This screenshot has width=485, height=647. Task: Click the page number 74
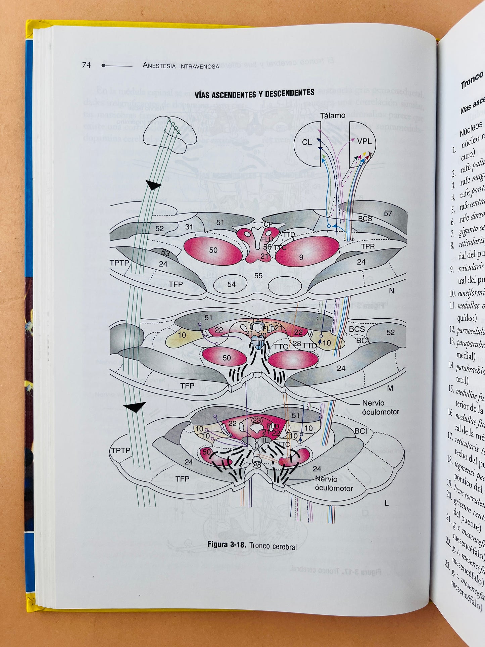pos(86,65)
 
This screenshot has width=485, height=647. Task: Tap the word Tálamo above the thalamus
pos(332,115)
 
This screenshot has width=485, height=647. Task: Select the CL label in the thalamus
pos(306,142)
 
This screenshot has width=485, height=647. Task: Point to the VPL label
pos(364,141)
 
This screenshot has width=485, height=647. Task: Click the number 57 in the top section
pos(388,214)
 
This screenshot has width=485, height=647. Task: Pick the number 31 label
pos(189,227)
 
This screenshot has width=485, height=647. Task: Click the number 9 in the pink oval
pos(301,257)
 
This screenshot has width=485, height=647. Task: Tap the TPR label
pos(368,246)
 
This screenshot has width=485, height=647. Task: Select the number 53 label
pos(165,253)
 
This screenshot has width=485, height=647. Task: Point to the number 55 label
pos(258,276)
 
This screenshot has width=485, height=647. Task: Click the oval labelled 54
pos(231,284)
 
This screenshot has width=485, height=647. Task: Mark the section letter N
pos(391,291)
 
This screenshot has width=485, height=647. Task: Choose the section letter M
pos(390,388)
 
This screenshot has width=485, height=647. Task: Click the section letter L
pos(387,503)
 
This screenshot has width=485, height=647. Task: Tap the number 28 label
pos(297,343)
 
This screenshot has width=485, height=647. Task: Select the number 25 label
pos(257,465)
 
